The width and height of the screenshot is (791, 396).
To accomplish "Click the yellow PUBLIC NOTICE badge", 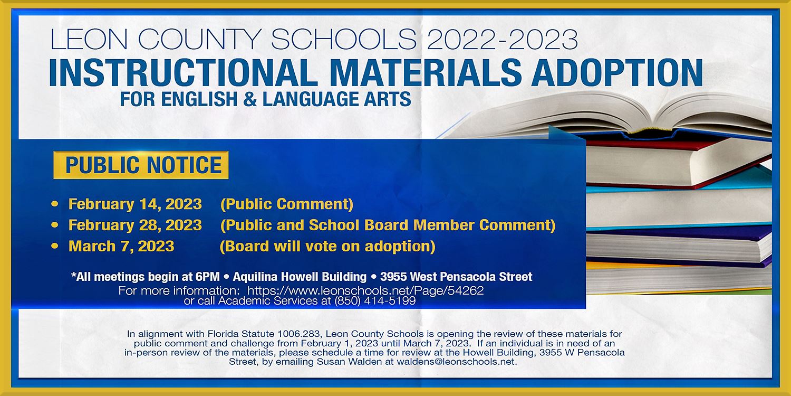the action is click(x=141, y=165).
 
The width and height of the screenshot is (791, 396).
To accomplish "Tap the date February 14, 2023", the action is click(x=135, y=204).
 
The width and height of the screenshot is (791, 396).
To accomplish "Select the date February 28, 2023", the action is click(x=135, y=225).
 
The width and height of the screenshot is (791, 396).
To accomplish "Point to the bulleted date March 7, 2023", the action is click(x=121, y=246).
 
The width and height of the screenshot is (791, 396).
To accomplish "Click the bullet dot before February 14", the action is click(x=55, y=204).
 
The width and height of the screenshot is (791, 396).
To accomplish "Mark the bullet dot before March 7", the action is click(x=55, y=246).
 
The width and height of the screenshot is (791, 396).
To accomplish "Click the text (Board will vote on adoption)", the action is click(x=327, y=247).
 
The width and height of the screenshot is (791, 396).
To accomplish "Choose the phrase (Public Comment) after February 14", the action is click(x=287, y=204).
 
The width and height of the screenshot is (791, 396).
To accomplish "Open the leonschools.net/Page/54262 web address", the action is click(x=365, y=290).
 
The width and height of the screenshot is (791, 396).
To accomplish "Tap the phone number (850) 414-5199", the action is click(x=375, y=301).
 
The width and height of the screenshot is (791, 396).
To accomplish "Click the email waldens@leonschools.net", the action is click(x=457, y=362).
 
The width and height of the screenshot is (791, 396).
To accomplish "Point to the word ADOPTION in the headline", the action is click(x=617, y=73).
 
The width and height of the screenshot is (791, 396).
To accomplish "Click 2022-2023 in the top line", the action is click(x=502, y=39).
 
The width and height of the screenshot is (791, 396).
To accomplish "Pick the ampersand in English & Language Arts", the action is click(x=250, y=99).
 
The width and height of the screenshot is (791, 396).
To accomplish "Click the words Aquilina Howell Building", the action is click(x=300, y=277).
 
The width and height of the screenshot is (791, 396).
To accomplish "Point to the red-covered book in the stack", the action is click(x=678, y=163).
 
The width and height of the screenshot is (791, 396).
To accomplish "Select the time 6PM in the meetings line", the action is click(x=208, y=277).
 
